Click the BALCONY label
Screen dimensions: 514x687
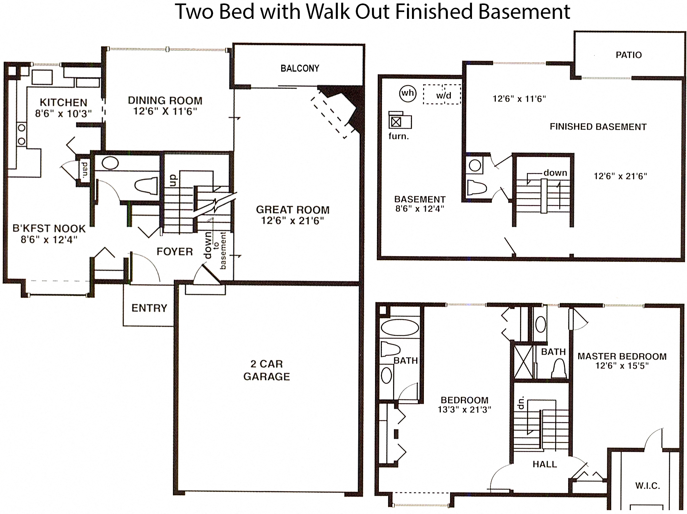pos(300,69)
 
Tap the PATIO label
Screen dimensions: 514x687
pos(629,55)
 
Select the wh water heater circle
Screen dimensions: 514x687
pos(408,93)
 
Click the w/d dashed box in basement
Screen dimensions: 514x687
pos(442,94)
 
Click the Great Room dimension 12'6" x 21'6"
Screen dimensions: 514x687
pos(292,221)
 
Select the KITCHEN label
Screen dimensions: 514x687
pos(63,102)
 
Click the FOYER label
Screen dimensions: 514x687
pos(175,252)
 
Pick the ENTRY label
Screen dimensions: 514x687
pos(149,308)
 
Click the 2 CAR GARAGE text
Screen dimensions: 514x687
pos(267,370)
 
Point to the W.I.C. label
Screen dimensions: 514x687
pos(647,486)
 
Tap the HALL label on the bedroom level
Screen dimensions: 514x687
pos(544,464)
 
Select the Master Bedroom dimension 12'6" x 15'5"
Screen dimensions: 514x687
pos(622,366)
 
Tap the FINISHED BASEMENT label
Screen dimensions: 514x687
pos(598,127)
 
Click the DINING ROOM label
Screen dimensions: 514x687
pos(165,100)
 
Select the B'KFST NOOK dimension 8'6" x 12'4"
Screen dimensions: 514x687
pos(49,239)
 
